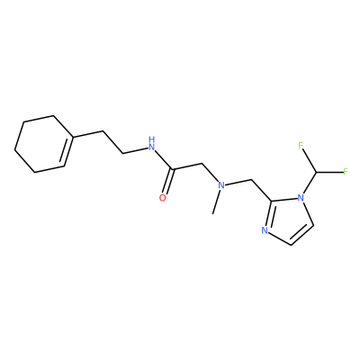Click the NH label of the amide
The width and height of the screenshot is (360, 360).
coord(152,143)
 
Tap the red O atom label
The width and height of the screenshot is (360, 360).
coord(162,198)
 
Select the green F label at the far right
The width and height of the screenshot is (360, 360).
coord(346,172)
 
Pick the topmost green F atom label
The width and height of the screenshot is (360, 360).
coord(301,146)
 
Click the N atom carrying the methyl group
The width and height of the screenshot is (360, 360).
coord(221,185)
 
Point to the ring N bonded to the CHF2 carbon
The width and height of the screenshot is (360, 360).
coord(301,198)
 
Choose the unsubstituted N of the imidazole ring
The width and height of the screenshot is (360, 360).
coord(265,230)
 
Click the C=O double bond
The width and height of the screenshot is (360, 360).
coord(168,182)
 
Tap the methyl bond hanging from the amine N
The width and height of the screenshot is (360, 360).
coord(216,202)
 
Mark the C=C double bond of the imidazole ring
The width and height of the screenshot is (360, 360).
coord(301,233)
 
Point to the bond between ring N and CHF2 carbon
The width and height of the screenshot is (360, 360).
coord(310,183)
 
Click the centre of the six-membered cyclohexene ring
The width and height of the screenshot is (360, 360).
coord(44,144)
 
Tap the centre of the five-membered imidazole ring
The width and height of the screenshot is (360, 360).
coord(288,220)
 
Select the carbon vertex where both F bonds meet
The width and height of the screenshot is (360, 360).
coord(316,173)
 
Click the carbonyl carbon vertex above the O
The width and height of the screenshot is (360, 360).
coord(173,170)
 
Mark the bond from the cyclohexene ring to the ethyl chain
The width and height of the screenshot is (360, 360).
coord(88,134)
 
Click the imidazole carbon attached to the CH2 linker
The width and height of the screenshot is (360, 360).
coord(272,201)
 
